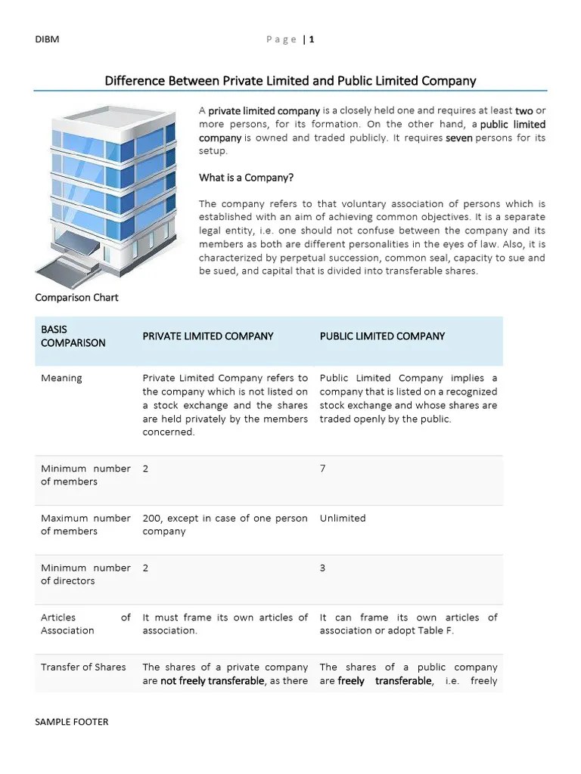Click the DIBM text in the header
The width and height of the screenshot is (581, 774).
[x=46, y=39]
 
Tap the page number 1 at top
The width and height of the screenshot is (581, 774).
[x=311, y=39]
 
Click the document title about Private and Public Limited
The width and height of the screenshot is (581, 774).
[x=290, y=80]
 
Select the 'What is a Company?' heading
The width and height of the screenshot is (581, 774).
[x=246, y=178]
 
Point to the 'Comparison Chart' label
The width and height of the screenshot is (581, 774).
[x=76, y=297]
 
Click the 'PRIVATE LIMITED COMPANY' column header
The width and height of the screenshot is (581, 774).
[x=208, y=336]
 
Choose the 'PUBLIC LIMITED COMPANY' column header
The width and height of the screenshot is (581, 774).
[x=382, y=336]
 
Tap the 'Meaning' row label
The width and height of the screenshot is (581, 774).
[x=61, y=378]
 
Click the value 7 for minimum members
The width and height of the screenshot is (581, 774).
[x=323, y=469]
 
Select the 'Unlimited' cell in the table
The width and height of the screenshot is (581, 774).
[x=342, y=518]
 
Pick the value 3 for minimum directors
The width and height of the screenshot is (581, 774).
[x=323, y=568]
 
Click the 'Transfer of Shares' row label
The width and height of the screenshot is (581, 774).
[x=83, y=667]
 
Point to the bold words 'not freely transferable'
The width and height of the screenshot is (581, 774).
[x=213, y=681]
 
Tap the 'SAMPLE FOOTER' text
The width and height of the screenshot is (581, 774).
[x=71, y=722]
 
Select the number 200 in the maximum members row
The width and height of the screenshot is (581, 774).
[x=151, y=518]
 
